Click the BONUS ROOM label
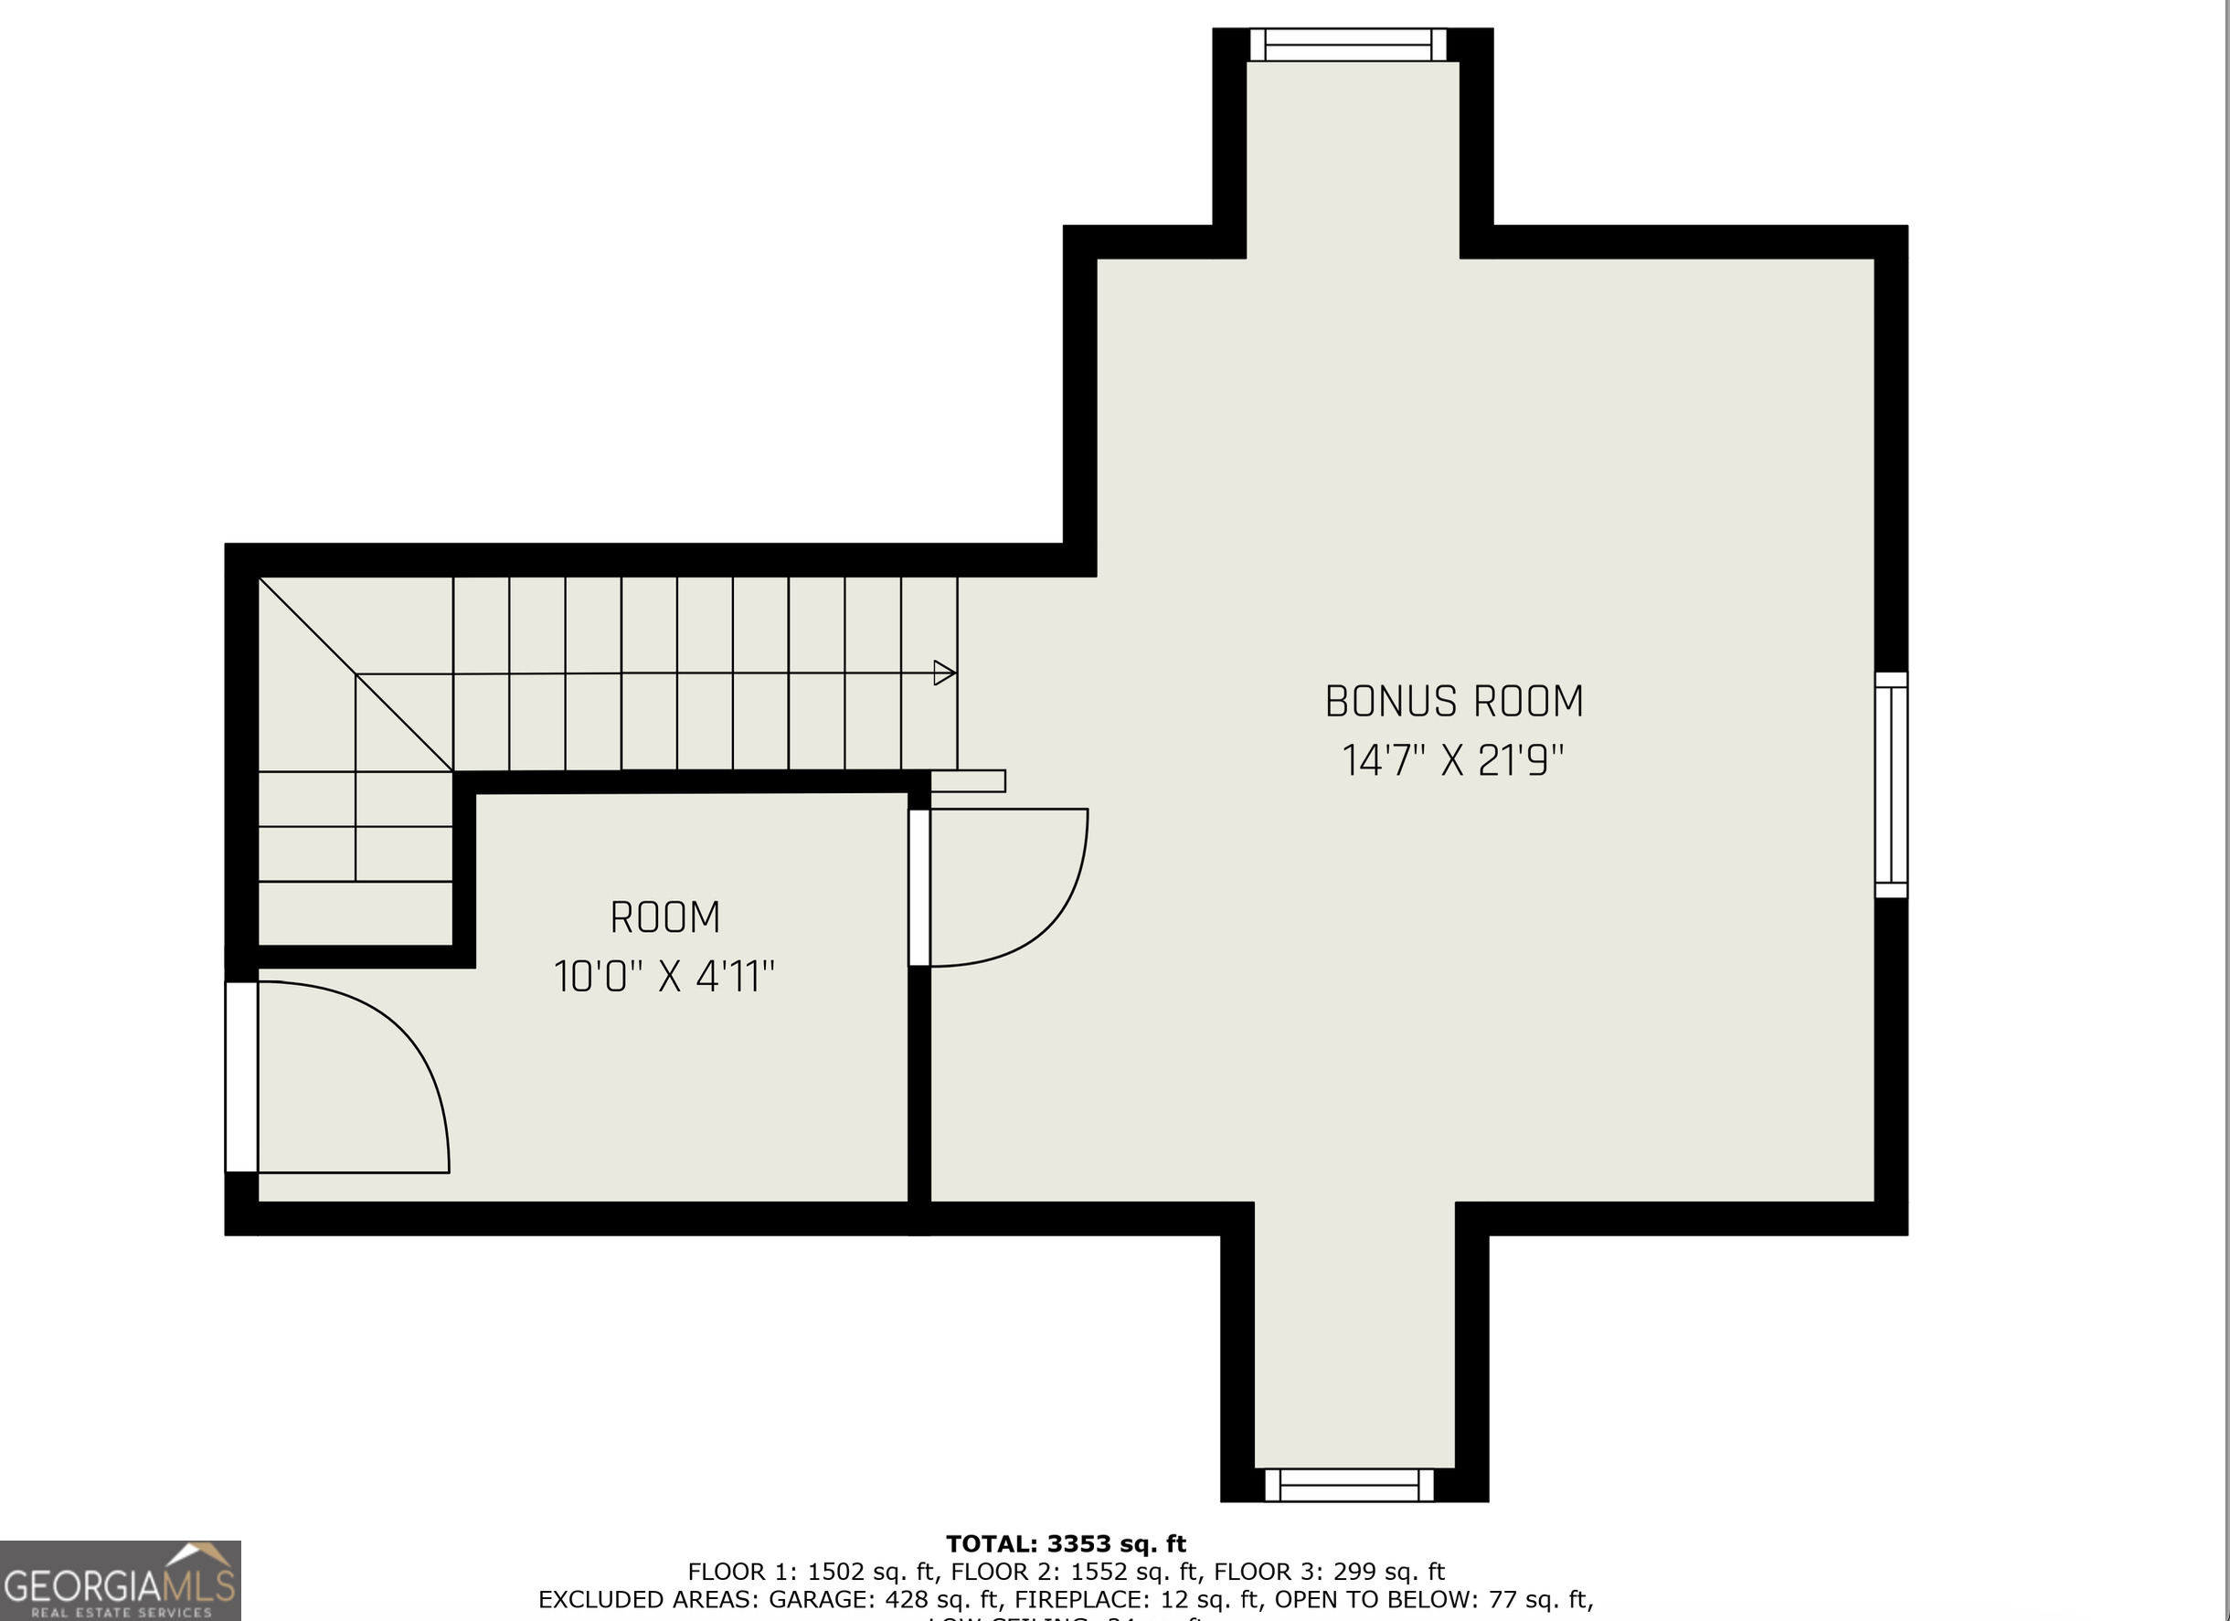1453,702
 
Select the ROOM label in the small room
664,918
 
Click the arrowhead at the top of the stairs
944,673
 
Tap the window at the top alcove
1348,45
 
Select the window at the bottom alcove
1349,1486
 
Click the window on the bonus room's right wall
1891,784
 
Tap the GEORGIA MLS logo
120,1581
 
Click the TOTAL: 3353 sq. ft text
1066,1544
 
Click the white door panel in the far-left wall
241,1076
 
